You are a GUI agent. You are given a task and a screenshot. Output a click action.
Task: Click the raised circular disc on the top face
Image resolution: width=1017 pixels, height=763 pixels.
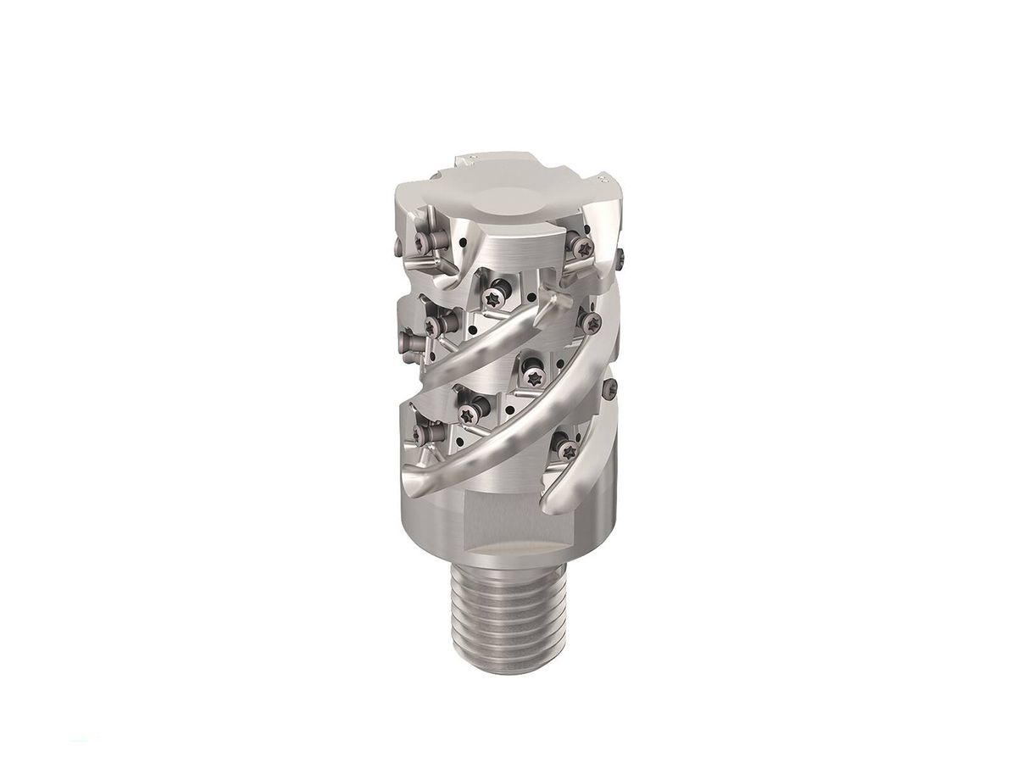tap(507, 202)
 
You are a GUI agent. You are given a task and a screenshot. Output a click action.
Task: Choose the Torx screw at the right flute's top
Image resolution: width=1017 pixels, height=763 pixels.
tap(590, 320)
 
